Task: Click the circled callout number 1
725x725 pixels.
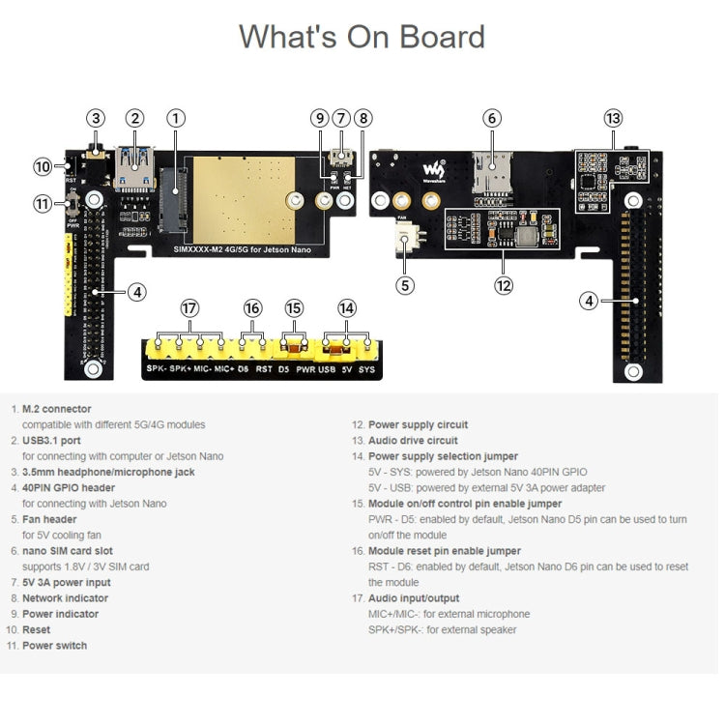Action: tap(175, 119)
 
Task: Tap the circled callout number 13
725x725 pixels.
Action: tap(613, 119)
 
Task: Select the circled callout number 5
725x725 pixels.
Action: tap(406, 285)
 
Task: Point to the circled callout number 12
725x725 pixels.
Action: tap(503, 285)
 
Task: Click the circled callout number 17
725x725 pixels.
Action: tap(189, 308)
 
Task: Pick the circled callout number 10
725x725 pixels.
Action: tap(43, 166)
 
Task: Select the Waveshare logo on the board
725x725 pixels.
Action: tap(431, 171)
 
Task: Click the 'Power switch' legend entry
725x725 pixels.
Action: tap(54, 646)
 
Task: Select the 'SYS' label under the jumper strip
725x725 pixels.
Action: tap(366, 369)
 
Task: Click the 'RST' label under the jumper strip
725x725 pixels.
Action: tap(263, 369)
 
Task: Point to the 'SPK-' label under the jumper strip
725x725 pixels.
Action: tap(156, 369)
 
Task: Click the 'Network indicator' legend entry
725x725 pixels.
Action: tap(65, 598)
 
